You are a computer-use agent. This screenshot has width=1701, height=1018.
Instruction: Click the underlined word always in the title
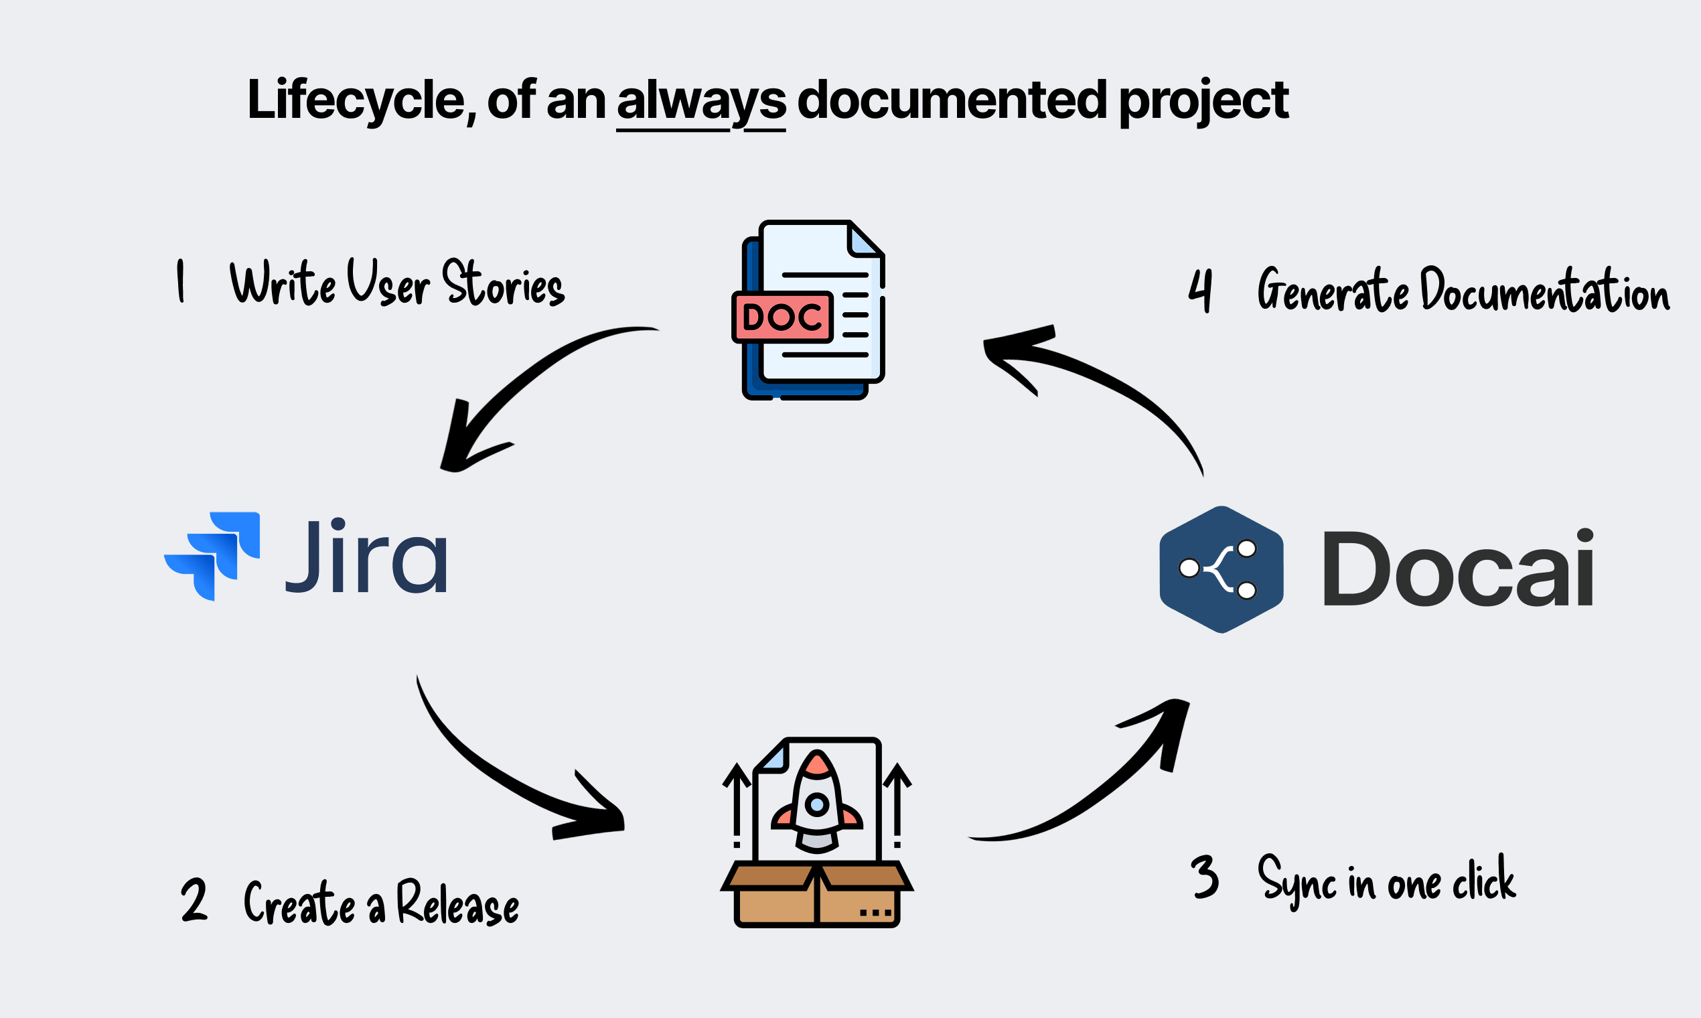tap(701, 102)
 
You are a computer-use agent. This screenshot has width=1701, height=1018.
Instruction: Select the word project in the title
tap(1203, 102)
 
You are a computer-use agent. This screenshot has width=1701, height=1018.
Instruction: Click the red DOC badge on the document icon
tap(783, 317)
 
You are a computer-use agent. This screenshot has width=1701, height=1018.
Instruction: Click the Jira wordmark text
tap(367, 557)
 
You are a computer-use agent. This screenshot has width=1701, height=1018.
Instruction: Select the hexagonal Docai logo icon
tap(1221, 569)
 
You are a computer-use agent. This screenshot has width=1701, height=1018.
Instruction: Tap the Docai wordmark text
tap(1457, 569)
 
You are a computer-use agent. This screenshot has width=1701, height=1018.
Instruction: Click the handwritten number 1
tap(180, 281)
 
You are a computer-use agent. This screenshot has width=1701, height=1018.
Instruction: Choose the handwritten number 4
tap(1200, 290)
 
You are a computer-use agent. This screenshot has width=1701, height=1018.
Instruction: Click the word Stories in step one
tap(504, 283)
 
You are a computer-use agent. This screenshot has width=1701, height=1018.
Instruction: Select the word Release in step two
tap(457, 903)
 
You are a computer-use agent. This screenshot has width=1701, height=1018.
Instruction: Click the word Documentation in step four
tap(1544, 290)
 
